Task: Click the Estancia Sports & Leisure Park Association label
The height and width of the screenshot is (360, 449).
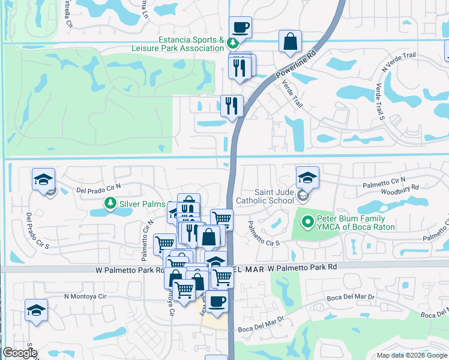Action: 187,44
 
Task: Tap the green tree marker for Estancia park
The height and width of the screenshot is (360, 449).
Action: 232,43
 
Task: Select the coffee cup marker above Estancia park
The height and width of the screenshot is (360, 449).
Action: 240,28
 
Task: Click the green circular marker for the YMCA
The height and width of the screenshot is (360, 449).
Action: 308,222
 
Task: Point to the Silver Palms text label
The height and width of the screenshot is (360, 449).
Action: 142,204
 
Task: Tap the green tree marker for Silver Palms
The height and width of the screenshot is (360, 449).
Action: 110,204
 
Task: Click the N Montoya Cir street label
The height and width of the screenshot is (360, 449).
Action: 85,296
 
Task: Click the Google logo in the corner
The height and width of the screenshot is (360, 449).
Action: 19,353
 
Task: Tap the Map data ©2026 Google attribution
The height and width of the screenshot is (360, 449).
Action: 411,355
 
